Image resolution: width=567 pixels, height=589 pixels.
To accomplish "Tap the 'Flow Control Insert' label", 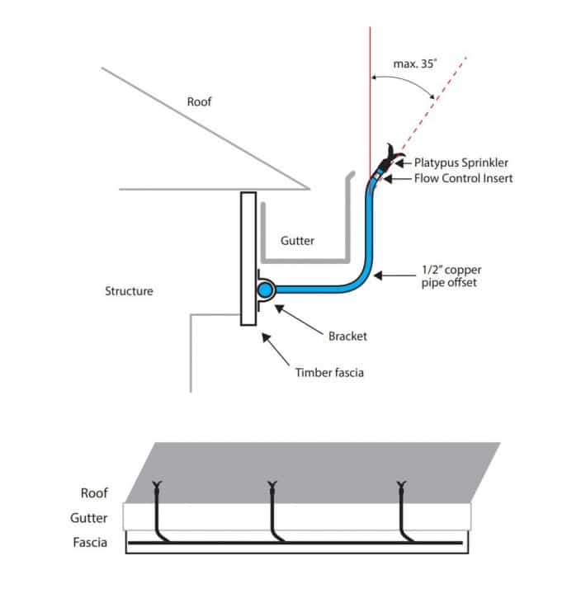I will click(x=463, y=177).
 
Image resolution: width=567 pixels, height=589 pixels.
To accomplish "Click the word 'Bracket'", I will click(x=347, y=337).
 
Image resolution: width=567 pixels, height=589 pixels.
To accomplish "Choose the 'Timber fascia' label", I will click(x=329, y=373).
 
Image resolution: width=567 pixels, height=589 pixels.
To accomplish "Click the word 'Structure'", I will click(x=129, y=291).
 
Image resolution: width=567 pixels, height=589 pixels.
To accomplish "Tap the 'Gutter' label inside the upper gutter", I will click(x=297, y=241).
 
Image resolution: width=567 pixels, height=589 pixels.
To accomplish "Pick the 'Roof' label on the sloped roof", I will click(x=198, y=102).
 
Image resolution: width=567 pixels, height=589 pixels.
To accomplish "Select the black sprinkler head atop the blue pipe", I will click(x=388, y=157).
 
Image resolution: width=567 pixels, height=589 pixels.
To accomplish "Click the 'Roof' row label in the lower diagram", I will click(x=94, y=493).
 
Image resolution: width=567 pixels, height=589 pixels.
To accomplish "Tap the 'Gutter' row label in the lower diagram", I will click(x=89, y=518).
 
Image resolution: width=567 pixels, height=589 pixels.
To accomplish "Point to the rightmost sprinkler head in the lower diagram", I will click(x=401, y=485).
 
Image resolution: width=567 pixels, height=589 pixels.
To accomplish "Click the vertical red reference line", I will click(x=370, y=82).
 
